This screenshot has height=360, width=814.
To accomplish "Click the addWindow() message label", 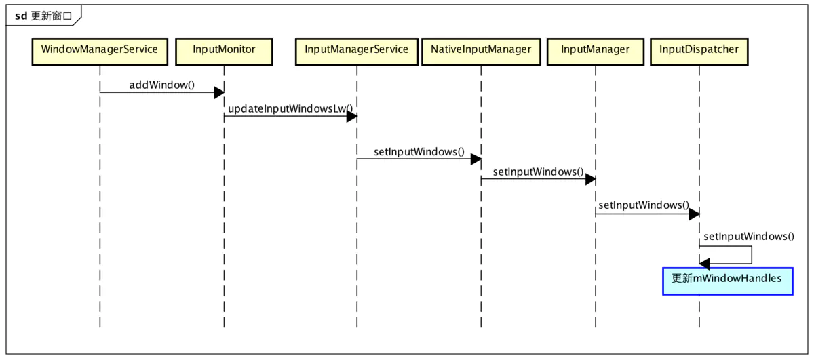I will pos(161,85).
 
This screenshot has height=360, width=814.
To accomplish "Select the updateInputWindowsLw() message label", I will pos(290,108).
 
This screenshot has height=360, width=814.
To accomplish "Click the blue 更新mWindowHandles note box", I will pos(727,280).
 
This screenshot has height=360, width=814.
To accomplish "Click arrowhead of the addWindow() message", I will pos(218,93).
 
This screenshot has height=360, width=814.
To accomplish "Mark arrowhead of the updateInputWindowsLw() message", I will pos(351,117).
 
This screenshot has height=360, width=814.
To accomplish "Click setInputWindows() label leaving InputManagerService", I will pos(419,151).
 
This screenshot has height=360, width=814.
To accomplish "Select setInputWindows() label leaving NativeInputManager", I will pos(538,172).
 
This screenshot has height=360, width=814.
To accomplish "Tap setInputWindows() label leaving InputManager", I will pos(643,205).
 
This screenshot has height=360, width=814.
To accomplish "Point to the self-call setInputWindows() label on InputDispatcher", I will pos(748,237).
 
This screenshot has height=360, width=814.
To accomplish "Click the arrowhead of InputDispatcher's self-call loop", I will pos(705,264).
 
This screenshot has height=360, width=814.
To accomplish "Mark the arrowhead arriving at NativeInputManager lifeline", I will pos(476,159).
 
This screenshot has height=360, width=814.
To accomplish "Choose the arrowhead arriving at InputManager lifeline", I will pos(590,180).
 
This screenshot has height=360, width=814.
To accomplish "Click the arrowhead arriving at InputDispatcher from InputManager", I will pos(694,214).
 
